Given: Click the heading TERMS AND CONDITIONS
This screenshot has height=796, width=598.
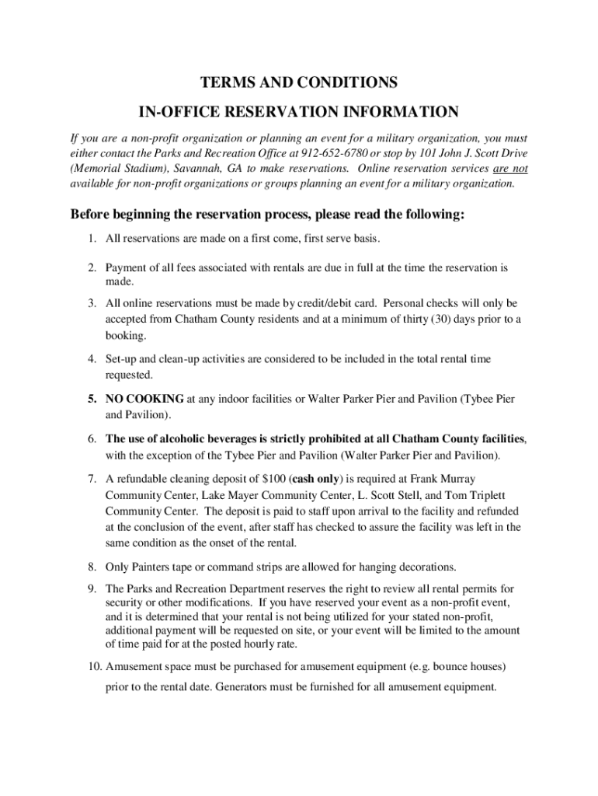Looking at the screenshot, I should tap(299, 82).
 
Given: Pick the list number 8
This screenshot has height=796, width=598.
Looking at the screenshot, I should tap(91, 566).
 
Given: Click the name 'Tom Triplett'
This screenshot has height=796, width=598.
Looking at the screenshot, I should tap(489, 495).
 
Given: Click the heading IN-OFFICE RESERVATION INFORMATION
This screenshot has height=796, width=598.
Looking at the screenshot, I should tap(299, 111).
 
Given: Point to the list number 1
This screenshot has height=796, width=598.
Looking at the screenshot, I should tap(91, 237).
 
